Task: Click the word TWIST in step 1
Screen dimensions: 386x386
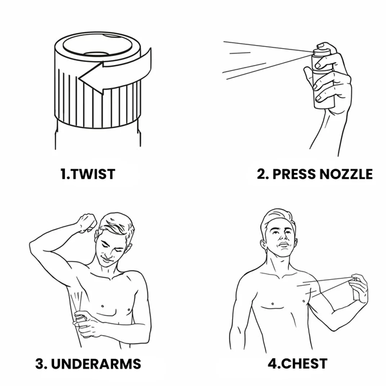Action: (94, 174)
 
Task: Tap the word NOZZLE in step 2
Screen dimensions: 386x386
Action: (346, 174)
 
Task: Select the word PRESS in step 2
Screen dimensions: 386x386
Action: (294, 174)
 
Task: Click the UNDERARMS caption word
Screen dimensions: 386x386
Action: (96, 364)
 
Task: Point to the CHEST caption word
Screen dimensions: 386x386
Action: (304, 363)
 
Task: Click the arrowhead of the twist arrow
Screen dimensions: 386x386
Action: (91, 78)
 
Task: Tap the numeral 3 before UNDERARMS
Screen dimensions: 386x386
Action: (40, 364)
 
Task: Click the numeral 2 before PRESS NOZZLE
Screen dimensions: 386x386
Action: (262, 174)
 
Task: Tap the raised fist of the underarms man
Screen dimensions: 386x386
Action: (87, 223)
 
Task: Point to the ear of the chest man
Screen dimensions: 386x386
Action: (264, 246)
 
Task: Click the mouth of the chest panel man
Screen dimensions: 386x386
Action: (284, 244)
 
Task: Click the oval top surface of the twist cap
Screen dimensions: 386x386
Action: (98, 45)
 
